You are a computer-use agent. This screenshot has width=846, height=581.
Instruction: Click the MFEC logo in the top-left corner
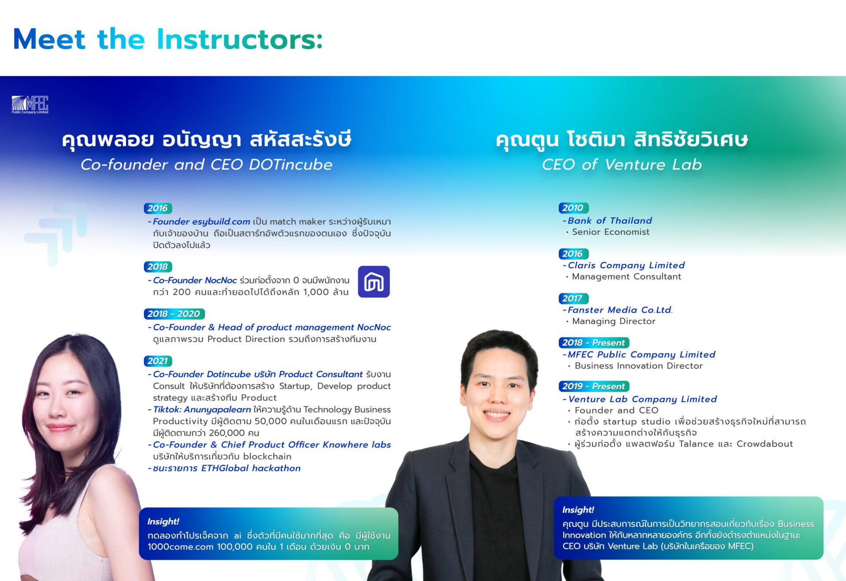coord(30,105)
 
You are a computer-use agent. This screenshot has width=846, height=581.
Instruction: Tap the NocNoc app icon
coord(374,281)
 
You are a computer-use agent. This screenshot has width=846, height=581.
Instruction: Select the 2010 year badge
coord(573,208)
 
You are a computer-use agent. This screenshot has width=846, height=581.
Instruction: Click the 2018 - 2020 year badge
coord(174,314)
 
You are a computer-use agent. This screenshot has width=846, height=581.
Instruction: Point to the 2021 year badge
coord(157,361)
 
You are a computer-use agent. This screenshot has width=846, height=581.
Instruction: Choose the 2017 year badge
coord(573,298)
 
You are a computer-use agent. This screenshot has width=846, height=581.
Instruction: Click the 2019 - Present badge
coord(594,386)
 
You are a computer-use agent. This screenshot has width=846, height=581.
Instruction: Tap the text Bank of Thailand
coord(610,221)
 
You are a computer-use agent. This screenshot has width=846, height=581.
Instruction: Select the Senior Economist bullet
coord(608,232)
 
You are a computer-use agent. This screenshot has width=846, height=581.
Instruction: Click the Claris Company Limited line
coord(626,265)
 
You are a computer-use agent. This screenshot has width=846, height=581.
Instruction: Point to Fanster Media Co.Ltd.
coord(620,310)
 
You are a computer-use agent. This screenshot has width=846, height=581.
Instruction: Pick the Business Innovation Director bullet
coord(636,366)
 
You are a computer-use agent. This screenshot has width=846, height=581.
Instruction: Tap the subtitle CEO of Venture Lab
coord(622,165)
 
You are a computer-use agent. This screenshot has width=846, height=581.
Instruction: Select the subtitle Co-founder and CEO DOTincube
coord(207,165)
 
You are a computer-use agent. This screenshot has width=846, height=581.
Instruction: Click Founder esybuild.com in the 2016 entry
coord(201,222)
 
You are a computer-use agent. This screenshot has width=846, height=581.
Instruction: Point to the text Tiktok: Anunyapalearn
coord(202,410)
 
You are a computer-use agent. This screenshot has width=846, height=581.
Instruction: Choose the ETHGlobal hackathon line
coord(227,468)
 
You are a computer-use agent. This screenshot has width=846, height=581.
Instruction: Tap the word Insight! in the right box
coord(578,510)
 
